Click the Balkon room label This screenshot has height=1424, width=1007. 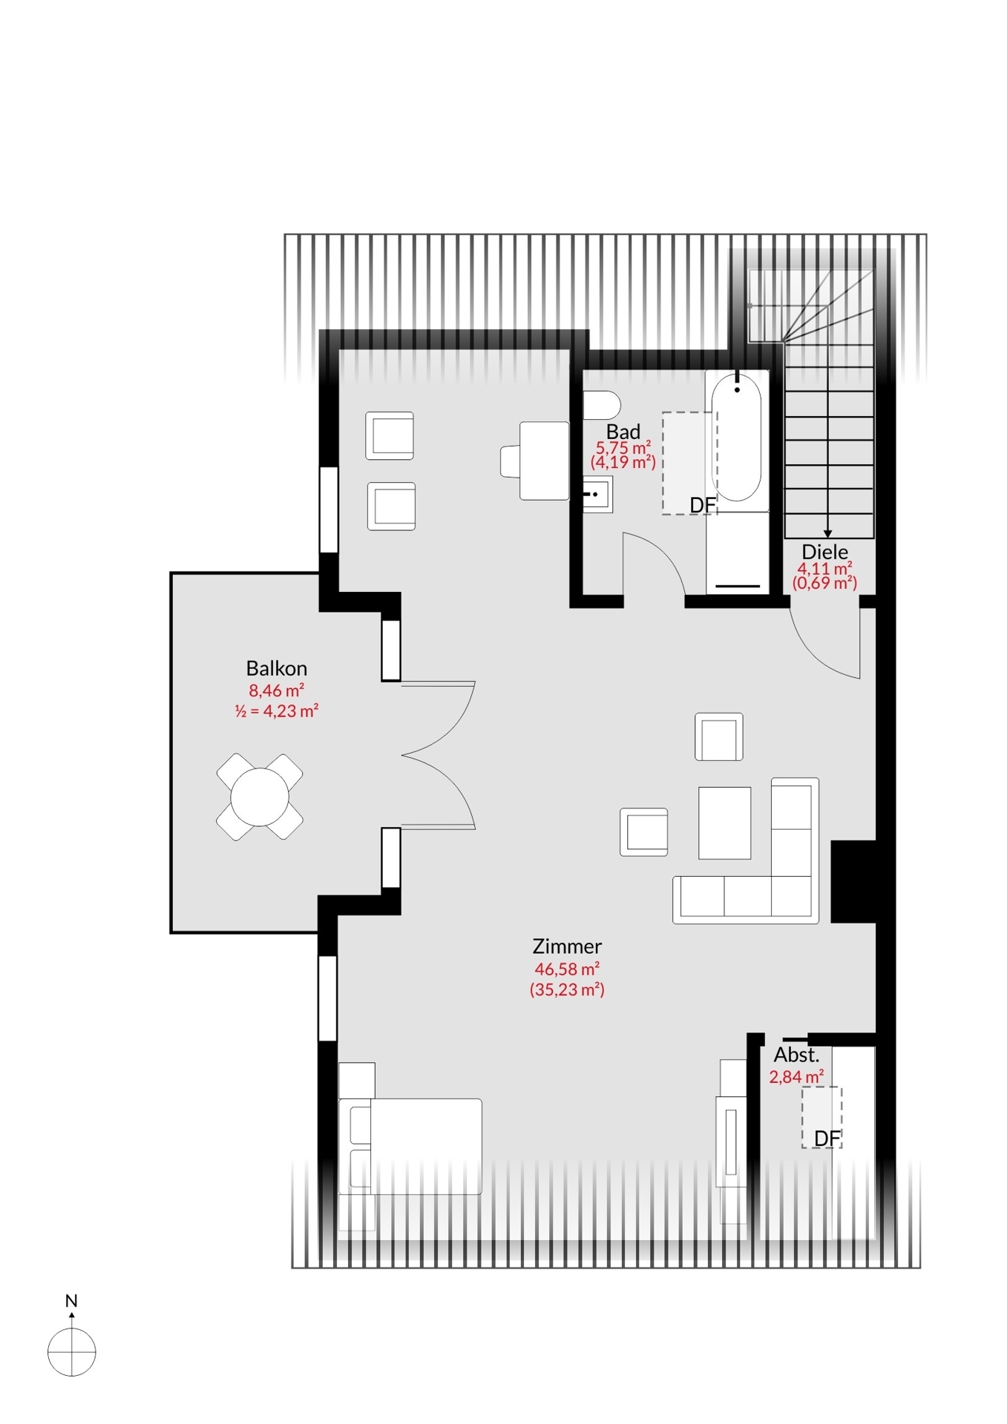pyautogui.click(x=276, y=668)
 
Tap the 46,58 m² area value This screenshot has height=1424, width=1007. pyautogui.click(x=567, y=969)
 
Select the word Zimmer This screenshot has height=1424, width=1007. pyautogui.click(x=567, y=946)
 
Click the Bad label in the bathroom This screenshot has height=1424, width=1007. pyautogui.click(x=623, y=432)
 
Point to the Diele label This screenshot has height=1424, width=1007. pyautogui.click(x=824, y=552)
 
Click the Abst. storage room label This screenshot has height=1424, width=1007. pyautogui.click(x=796, y=1055)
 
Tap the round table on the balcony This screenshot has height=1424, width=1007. pyautogui.click(x=260, y=797)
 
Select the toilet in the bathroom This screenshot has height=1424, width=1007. pyautogui.click(x=601, y=406)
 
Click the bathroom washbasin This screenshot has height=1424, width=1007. pyautogui.click(x=597, y=495)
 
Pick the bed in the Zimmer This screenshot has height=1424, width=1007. pyautogui.click(x=410, y=1147)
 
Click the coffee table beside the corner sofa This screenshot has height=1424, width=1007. pyautogui.click(x=724, y=823)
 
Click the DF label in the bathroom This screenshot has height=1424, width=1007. pyautogui.click(x=703, y=505)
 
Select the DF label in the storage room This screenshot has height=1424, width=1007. pyautogui.click(x=827, y=1138)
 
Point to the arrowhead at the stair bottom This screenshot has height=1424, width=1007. pyautogui.click(x=828, y=534)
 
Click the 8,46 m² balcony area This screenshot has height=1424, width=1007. pyautogui.click(x=276, y=690)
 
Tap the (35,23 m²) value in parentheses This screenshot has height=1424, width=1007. pyautogui.click(x=567, y=989)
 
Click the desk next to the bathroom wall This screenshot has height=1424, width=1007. pyautogui.click(x=544, y=461)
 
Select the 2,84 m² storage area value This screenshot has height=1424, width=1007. pyautogui.click(x=796, y=1077)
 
